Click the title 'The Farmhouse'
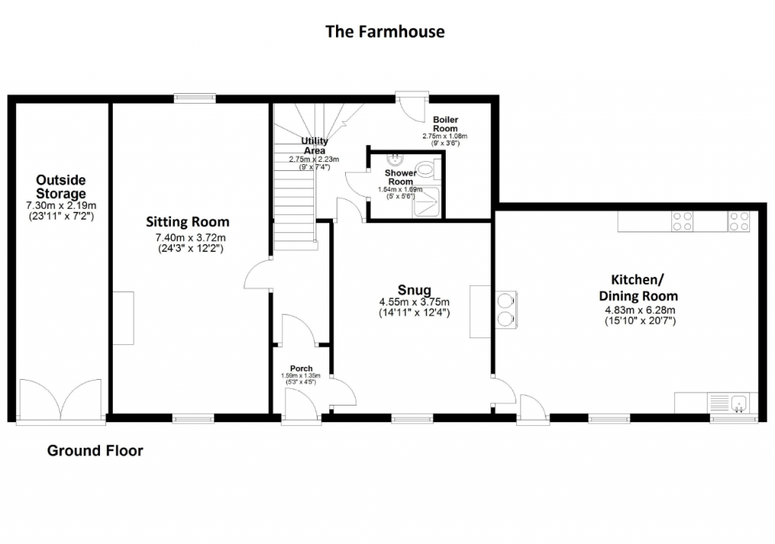click(384, 32)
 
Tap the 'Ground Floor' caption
click(95, 451)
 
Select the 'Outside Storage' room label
click(61, 187)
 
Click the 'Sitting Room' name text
click(188, 222)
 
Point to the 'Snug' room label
click(414, 290)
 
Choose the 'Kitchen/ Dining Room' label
click(638, 288)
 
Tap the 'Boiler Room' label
click(445, 124)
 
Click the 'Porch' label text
click(300, 368)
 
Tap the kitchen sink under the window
click(738, 403)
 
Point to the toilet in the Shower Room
click(428, 168)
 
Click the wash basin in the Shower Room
click(395, 159)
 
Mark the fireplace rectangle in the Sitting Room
click(124, 318)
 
